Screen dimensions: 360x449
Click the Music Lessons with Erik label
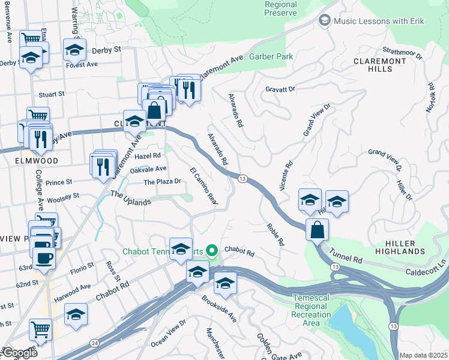tap(379, 21)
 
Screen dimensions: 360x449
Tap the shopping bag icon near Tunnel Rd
tap(316, 229)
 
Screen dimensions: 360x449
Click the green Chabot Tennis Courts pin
tap(211, 250)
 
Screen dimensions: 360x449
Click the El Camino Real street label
tap(203, 185)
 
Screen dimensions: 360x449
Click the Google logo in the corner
tap(20, 353)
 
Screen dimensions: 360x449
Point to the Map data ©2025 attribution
tap(423, 355)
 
